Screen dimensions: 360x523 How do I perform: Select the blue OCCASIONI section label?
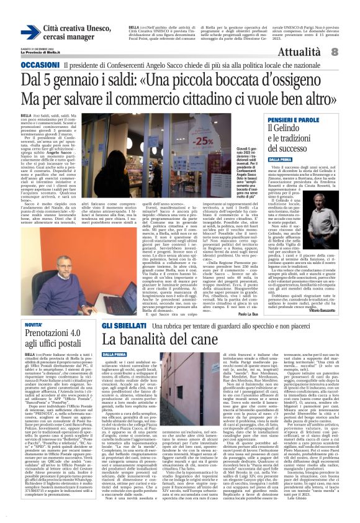click(40, 64)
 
